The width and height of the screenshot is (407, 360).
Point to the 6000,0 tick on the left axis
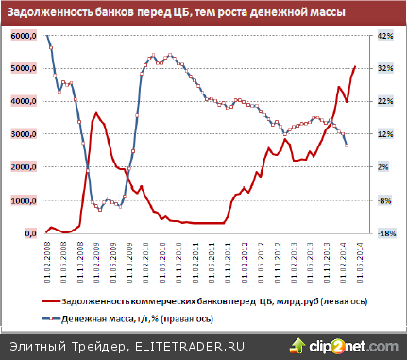click(x=23, y=36)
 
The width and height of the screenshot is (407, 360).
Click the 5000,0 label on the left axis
click(x=23, y=69)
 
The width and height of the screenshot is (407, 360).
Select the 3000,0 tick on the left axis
click(x=23, y=134)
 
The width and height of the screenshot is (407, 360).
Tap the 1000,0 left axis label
click(x=23, y=200)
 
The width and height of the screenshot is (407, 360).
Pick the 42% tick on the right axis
click(x=384, y=36)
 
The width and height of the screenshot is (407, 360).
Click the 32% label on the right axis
click(x=384, y=69)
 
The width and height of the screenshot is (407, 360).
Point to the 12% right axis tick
click(x=384, y=134)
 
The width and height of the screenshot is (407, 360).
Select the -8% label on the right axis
click(x=384, y=200)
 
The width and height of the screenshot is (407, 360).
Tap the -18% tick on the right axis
click(x=384, y=233)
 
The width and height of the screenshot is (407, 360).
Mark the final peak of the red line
click(x=354, y=67)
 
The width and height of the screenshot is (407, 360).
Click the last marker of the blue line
click(x=347, y=145)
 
